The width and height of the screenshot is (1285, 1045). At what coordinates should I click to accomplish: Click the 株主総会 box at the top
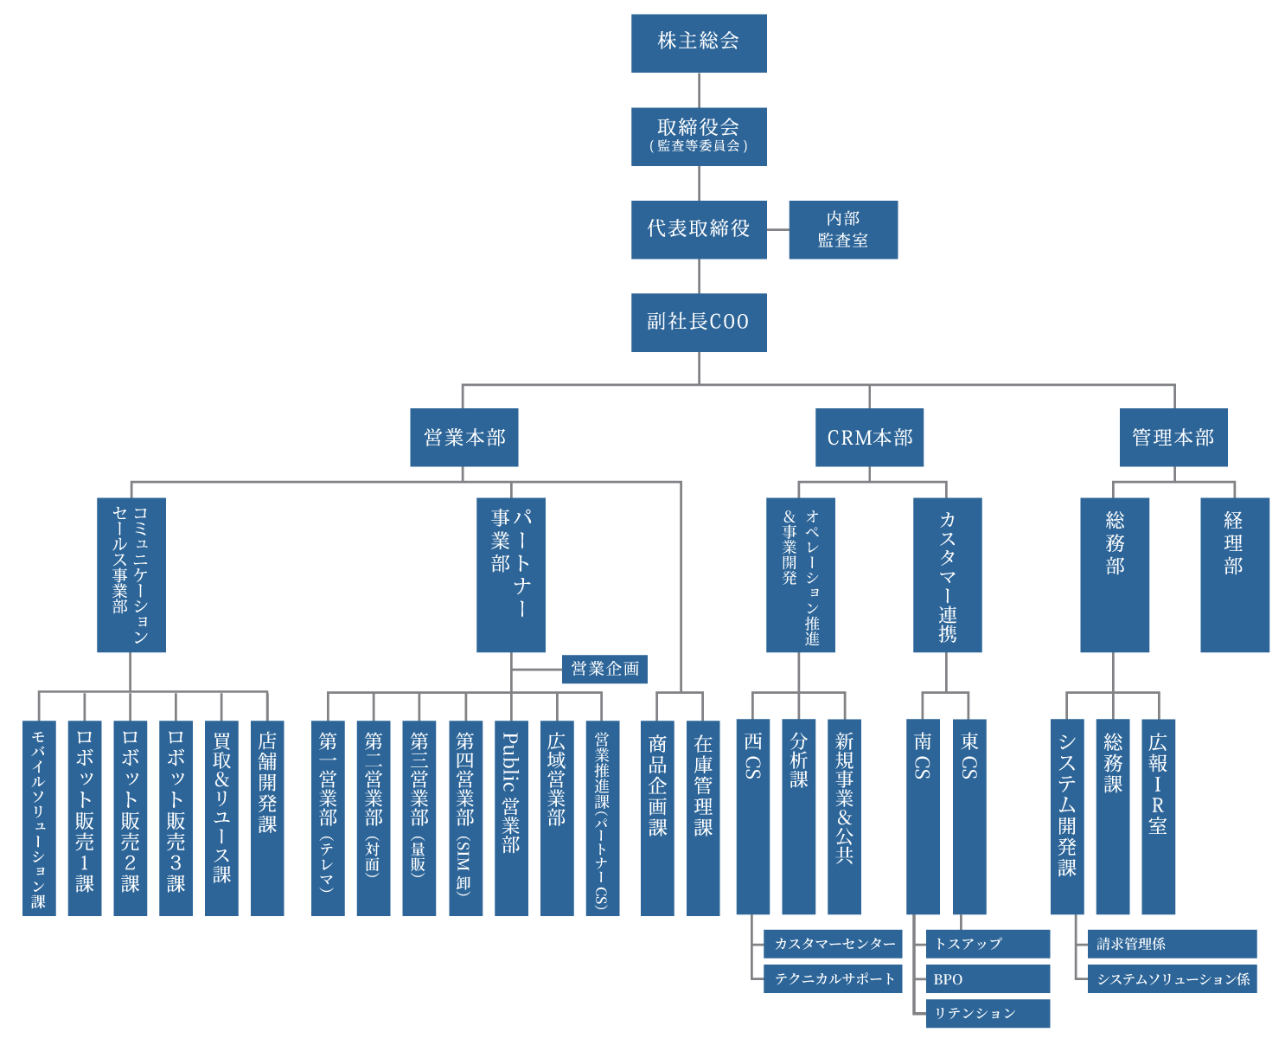pyautogui.click(x=699, y=43)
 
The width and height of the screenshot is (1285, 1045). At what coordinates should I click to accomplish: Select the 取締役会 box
pyautogui.click(x=699, y=136)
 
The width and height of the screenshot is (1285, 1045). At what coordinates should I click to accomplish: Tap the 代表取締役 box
pyautogui.click(x=699, y=229)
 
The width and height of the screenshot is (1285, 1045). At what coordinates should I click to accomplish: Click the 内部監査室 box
pyautogui.click(x=843, y=229)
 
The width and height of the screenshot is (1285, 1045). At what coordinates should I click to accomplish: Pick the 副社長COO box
pyautogui.click(x=699, y=322)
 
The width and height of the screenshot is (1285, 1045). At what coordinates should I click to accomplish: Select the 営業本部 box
pyautogui.click(x=464, y=438)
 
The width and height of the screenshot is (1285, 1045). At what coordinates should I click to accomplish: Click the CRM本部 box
pyautogui.click(x=869, y=438)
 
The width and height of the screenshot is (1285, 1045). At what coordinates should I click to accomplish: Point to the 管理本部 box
pyautogui.click(x=1173, y=438)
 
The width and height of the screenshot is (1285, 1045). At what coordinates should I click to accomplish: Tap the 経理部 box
pyautogui.click(x=1234, y=574)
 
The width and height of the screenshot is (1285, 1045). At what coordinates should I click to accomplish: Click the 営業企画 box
pyautogui.click(x=604, y=669)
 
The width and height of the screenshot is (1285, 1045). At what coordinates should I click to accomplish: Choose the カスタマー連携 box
pyautogui.click(x=947, y=574)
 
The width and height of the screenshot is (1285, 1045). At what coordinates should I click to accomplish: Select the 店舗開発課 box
pyautogui.click(x=267, y=817)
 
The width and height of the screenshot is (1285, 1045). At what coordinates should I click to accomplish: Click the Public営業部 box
pyautogui.click(x=511, y=817)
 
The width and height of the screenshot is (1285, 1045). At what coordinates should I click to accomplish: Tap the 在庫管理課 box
pyautogui.click(x=703, y=817)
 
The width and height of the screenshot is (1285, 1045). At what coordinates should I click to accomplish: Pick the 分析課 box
pyautogui.click(x=798, y=817)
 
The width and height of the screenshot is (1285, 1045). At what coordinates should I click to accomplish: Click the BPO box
pyautogui.click(x=988, y=978)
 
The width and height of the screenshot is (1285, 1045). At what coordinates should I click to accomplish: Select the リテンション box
pyautogui.click(x=988, y=1013)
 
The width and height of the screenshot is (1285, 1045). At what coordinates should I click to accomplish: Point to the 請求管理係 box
pyautogui.click(x=1172, y=944)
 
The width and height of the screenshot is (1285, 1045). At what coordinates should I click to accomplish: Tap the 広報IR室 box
pyautogui.click(x=1158, y=817)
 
